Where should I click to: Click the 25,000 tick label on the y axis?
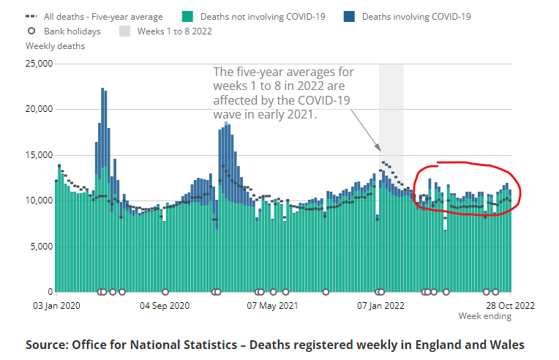38,64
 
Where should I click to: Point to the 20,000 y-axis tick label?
38,109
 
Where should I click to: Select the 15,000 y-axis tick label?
38,155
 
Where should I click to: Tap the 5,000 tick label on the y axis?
40,247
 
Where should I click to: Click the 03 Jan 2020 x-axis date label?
56,305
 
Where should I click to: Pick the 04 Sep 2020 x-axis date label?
165,305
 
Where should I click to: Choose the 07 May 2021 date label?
273,305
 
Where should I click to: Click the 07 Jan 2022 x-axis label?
380,305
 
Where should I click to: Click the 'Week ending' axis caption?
485,316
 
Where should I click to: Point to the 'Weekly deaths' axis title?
55,46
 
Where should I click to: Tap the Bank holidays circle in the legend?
31,31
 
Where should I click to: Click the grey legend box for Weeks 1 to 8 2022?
124,31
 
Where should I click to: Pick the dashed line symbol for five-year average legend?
31,16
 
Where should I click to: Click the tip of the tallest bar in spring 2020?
102,89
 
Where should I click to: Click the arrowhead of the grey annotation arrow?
379,148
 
